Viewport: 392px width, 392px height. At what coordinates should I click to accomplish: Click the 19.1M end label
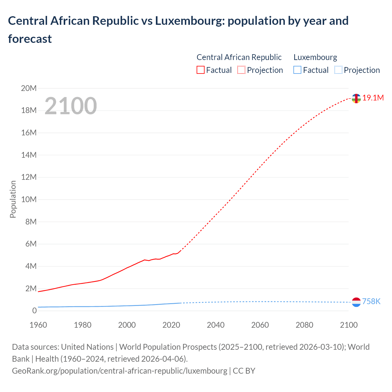373,98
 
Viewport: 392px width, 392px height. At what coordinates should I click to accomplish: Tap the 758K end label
371,302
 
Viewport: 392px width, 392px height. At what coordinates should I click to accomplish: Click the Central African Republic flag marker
356,99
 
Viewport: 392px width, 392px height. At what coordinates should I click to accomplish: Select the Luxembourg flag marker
356,302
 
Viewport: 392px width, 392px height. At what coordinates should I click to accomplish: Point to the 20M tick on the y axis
29,89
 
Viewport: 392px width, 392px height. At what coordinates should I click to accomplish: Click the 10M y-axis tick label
29,200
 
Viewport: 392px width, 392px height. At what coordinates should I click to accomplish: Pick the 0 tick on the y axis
34,311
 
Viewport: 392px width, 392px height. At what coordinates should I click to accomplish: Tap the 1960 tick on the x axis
38,325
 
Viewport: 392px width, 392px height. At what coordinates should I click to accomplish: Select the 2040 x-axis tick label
216,325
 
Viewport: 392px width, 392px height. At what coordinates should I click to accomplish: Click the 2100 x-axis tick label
349,325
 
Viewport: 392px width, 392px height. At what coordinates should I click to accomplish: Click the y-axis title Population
13,199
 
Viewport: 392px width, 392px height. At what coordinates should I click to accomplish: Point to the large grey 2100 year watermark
71,106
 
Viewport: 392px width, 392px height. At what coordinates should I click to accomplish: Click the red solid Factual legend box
200,70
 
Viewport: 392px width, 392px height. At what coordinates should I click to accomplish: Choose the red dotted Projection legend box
241,70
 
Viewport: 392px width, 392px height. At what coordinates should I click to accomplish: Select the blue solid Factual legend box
297,70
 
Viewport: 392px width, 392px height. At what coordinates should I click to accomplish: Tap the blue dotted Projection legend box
338,70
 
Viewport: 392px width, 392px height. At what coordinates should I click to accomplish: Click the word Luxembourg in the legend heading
315,57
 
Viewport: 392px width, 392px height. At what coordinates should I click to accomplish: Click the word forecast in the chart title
30,39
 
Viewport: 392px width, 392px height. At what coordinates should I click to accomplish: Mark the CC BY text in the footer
244,371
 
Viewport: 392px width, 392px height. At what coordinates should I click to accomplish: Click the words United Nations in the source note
87,347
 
